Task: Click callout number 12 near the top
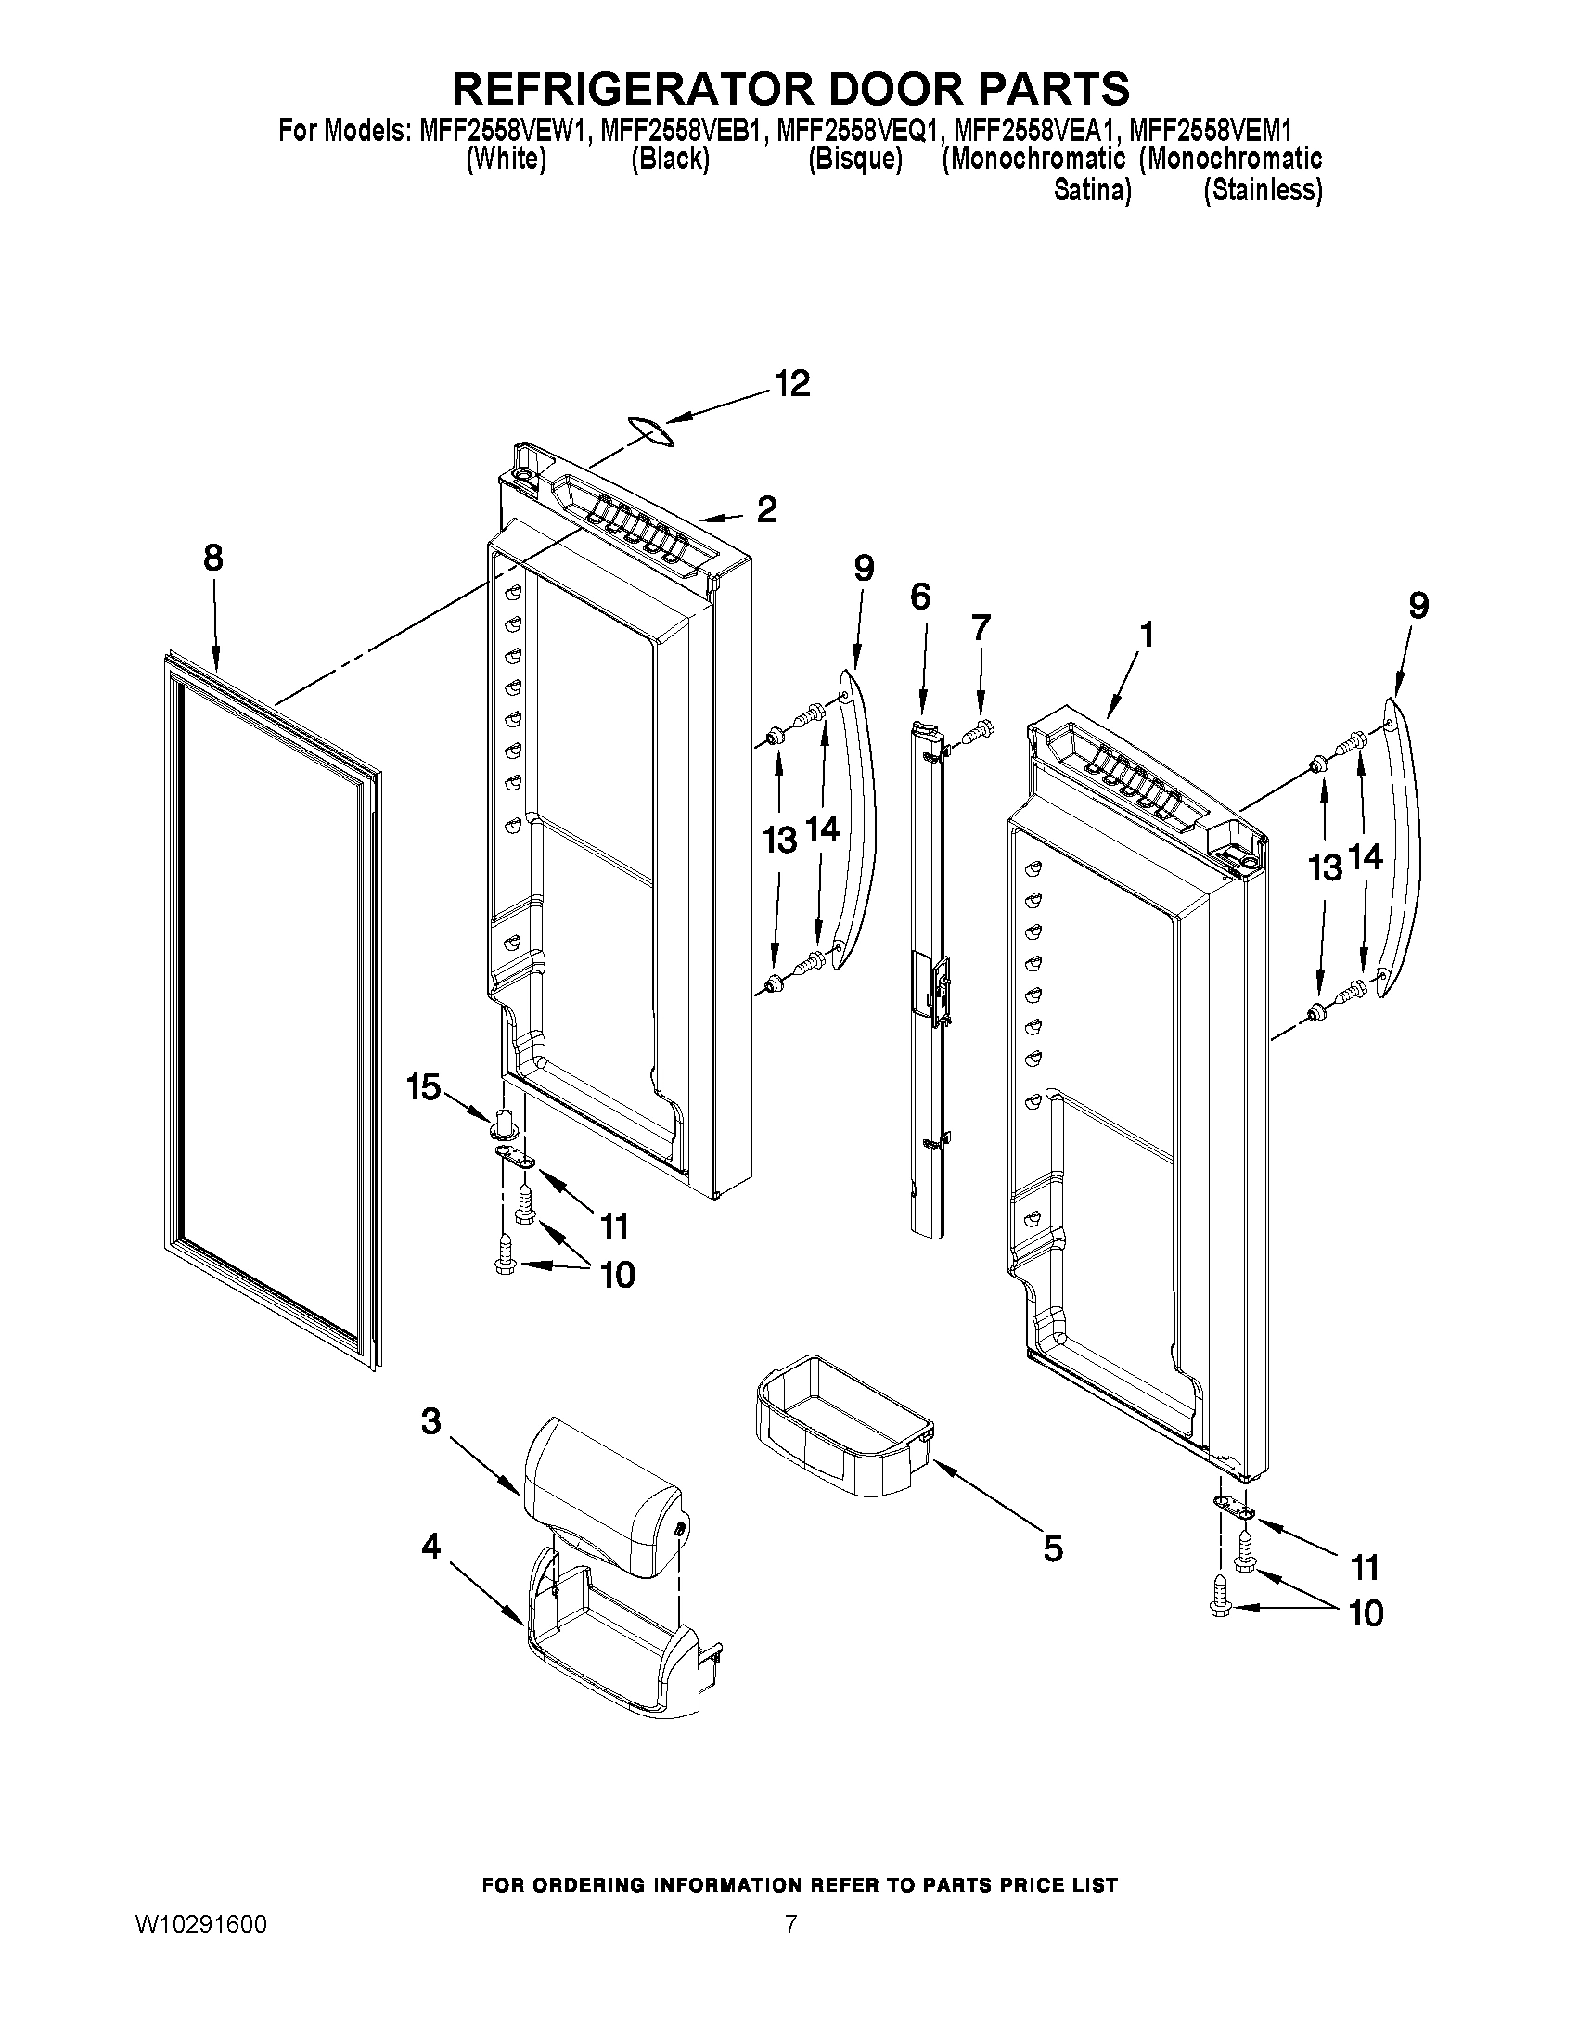(792, 384)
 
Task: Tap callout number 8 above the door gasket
(213, 559)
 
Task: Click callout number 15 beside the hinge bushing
(422, 1086)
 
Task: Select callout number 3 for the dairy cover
(430, 1421)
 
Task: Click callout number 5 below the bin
(1053, 1549)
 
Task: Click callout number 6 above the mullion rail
(920, 596)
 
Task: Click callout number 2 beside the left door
(766, 509)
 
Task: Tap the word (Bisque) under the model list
(854, 159)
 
